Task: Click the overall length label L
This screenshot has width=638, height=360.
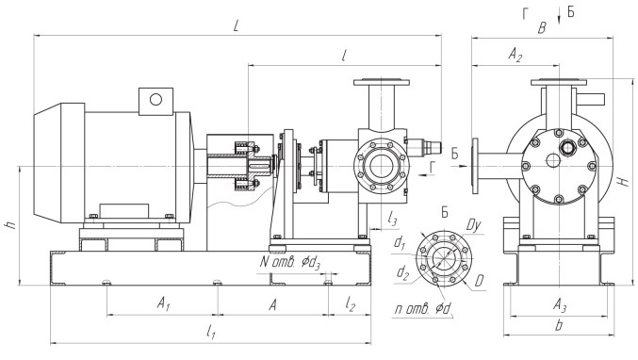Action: pyautogui.click(x=237, y=25)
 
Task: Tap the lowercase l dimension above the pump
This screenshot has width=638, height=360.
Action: pyautogui.click(x=344, y=56)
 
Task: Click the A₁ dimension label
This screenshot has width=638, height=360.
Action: pyautogui.click(x=163, y=303)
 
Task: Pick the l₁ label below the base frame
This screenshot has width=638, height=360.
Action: pyautogui.click(x=211, y=332)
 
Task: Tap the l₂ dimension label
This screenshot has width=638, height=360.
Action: pyautogui.click(x=351, y=303)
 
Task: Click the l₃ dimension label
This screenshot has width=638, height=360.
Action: pyautogui.click(x=392, y=220)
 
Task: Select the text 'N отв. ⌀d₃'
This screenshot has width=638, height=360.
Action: pyautogui.click(x=290, y=262)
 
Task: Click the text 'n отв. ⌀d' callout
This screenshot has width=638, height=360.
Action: pyautogui.click(x=423, y=309)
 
